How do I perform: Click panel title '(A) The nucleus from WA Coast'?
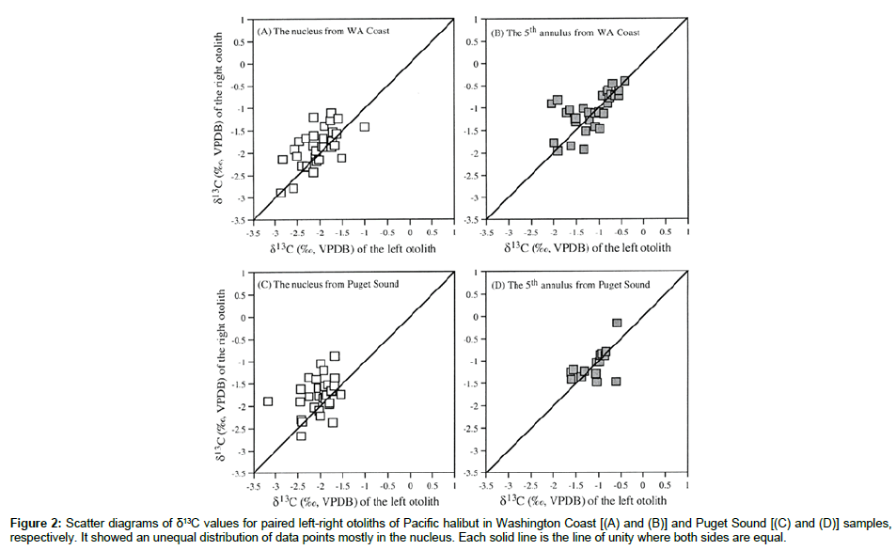pos(324,31)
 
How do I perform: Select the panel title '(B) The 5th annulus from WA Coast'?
pos(566,33)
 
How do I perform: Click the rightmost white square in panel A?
pos(365,127)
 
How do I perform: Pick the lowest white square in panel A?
pos(280,193)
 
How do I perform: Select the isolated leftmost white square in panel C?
pos(268,401)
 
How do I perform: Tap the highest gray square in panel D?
pos(618,322)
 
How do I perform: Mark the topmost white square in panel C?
pos(335,356)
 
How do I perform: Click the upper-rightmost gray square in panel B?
pos(624,81)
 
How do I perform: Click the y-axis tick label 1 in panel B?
pos(477,19)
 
